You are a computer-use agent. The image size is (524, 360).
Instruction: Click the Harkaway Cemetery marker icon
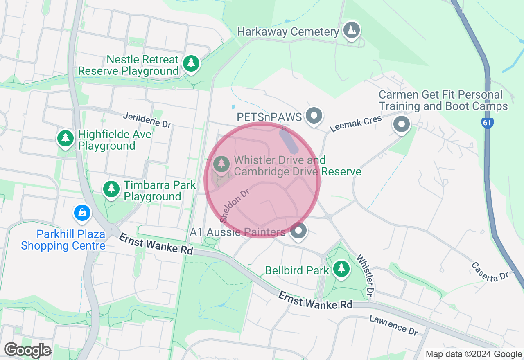(x=351, y=30)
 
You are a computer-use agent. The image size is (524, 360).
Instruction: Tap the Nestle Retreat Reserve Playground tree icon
(x=191, y=63)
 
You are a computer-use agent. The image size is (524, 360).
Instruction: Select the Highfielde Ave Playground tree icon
(x=65, y=138)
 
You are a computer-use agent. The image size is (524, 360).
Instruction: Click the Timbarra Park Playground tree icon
(x=111, y=189)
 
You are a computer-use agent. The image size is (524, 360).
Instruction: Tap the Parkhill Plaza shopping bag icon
(x=82, y=212)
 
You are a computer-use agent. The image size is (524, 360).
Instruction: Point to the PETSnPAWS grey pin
(x=314, y=116)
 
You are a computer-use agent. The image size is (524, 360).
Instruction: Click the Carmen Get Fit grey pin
(x=401, y=124)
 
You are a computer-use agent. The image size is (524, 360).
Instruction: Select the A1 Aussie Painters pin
(x=298, y=231)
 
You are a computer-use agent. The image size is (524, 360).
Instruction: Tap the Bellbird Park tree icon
(x=341, y=269)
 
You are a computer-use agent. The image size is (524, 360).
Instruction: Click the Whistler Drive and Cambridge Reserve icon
(x=221, y=164)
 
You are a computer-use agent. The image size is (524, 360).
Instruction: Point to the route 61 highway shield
(x=487, y=123)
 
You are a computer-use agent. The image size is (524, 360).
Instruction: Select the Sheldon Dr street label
(x=235, y=206)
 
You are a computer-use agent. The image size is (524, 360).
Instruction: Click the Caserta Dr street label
(x=489, y=272)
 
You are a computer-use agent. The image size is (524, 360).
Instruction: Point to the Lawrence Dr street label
(x=393, y=325)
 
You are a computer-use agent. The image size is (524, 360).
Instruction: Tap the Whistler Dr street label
(x=365, y=275)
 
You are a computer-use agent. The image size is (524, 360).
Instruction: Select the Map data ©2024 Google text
(x=474, y=354)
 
